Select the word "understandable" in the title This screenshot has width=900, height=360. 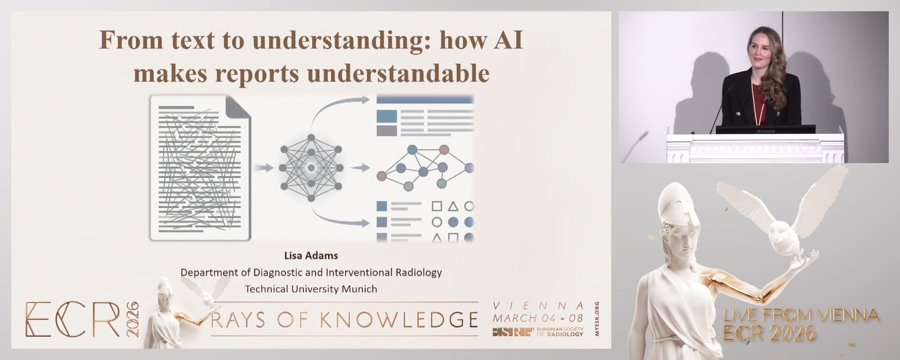pyautogui.click(x=399, y=74)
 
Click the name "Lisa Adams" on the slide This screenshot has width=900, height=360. pyautogui.click(x=311, y=255)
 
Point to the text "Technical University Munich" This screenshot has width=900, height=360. pyautogui.click(x=311, y=289)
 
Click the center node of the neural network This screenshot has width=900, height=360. pyautogui.click(x=311, y=168)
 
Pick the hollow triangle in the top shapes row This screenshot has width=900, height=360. pyautogui.click(x=453, y=206)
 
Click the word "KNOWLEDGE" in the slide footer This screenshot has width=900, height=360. pyautogui.click(x=399, y=320)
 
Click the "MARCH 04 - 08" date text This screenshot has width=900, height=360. pyautogui.click(x=538, y=318)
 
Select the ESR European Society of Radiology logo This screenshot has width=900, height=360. pyautogui.click(x=538, y=332)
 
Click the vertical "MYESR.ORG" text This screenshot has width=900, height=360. pyautogui.click(x=596, y=319)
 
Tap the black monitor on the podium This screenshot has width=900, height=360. pyautogui.click(x=765, y=130)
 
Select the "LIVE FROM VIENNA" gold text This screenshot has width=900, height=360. pyautogui.click(x=801, y=315)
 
